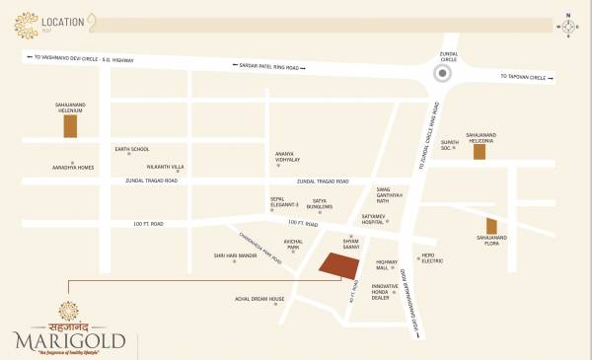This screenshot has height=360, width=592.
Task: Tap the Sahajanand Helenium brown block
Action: tap(70, 125)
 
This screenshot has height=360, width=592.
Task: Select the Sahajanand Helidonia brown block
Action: tap(480, 151)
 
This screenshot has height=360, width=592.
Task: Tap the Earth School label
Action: tap(131, 149)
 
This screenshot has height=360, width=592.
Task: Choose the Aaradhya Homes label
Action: tap(72, 166)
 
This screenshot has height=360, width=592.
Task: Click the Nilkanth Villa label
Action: tap(165, 167)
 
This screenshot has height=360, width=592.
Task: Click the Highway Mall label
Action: tap(387, 264)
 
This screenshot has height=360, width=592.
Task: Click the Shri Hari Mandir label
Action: tap(235, 255)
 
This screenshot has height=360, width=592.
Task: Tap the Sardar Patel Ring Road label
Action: tap(268, 65)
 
